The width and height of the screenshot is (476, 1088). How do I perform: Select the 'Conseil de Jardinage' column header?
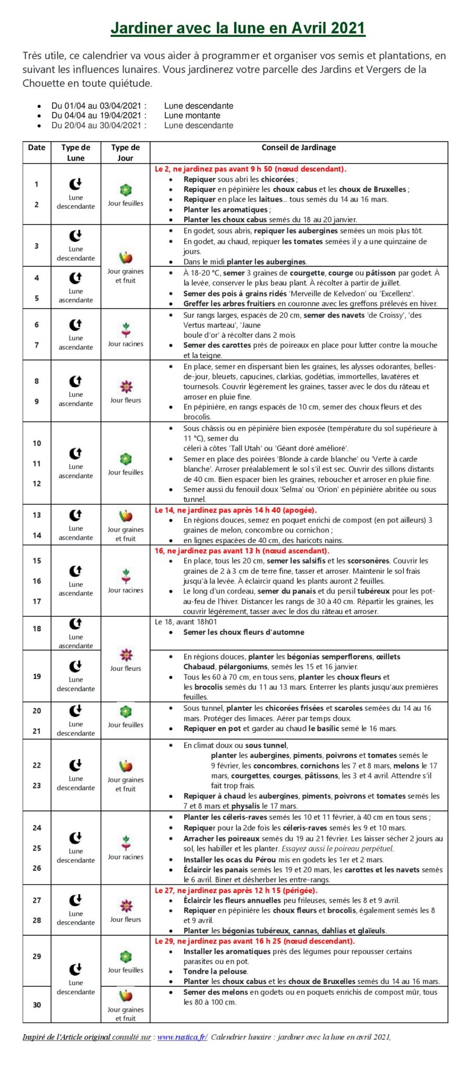299,147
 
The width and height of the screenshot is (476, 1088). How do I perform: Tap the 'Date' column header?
37,147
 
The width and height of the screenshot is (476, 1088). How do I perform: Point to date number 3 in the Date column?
37,246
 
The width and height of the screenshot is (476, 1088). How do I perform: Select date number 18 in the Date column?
37,628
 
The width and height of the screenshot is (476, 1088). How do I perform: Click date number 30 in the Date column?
37,1005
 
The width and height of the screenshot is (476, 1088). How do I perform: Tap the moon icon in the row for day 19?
75,666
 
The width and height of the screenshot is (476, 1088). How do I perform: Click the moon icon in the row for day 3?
75,235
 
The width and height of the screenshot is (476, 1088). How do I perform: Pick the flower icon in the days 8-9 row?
126,386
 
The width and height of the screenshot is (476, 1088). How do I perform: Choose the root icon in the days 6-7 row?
126,330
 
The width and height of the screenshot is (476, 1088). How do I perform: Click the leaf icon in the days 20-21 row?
126,711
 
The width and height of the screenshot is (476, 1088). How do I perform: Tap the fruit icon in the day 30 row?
126,996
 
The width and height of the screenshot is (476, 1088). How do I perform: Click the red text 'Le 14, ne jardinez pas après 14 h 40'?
235,510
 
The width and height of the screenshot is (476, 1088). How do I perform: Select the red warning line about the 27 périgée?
235,890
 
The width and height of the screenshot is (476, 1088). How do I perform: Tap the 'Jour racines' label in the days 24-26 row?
126,857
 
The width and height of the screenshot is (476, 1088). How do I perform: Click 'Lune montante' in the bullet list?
192,115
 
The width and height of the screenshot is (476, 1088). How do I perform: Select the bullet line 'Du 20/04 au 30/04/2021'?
99,125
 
